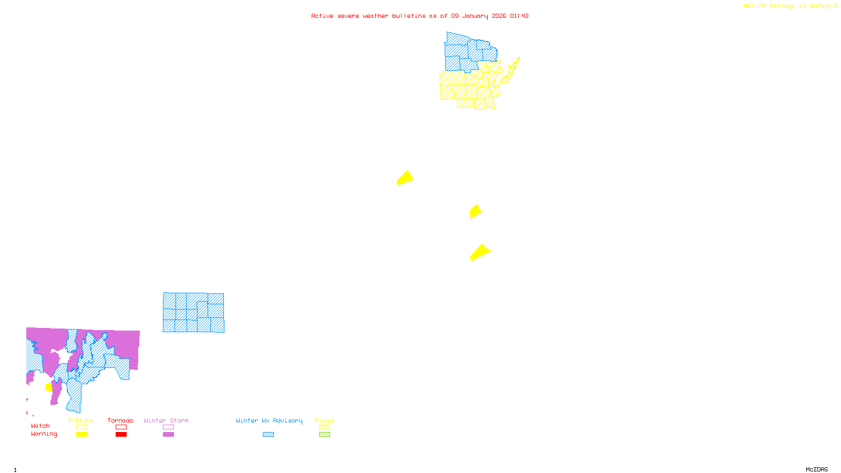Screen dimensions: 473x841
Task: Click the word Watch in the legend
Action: pos(40,426)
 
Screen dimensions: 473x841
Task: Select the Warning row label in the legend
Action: pos(44,434)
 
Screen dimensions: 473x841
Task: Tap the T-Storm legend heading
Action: pos(81,420)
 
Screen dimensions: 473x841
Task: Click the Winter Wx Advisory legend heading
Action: pos(269,420)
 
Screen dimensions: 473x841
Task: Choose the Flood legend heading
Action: pos(324,420)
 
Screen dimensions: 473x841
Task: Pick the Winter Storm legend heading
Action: pos(166,420)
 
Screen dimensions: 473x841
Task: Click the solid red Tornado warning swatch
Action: pos(121,435)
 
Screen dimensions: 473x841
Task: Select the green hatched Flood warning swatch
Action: pos(325,435)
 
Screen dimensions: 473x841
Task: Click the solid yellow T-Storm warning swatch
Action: pos(81,435)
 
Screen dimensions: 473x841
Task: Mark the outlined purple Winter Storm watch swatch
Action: pos(168,427)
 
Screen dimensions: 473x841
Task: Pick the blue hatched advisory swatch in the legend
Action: pos(269,435)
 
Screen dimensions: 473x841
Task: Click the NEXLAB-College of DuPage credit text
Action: pos(788,6)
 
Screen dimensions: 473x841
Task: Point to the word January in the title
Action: pos(475,16)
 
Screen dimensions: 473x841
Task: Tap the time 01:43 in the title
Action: pos(519,16)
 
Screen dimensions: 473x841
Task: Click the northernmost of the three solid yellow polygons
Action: pos(405,178)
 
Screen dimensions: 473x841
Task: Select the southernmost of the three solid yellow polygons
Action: pos(479,252)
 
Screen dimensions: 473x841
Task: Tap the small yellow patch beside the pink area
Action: pos(49,387)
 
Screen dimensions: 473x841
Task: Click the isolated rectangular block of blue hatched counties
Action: pos(193,313)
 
